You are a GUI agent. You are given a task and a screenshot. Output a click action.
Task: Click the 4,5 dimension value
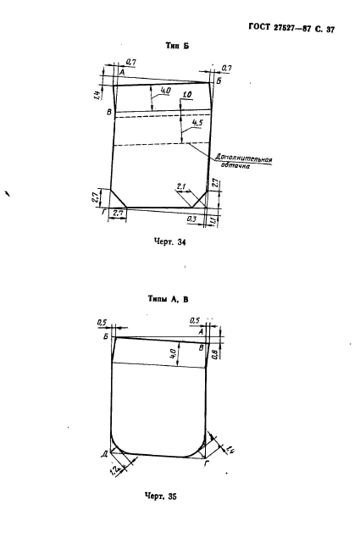(197, 123)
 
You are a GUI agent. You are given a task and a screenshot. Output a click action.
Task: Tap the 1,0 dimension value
(187, 95)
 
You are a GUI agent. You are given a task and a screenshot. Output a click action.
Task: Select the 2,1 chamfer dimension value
(181, 186)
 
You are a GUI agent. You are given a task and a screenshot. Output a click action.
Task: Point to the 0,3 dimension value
(191, 219)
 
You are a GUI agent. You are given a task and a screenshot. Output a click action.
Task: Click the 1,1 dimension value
(213, 221)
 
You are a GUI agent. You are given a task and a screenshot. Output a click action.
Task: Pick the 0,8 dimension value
(214, 354)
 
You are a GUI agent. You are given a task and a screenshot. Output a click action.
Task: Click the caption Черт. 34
(170, 242)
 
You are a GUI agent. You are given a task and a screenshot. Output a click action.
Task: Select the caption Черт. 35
(160, 496)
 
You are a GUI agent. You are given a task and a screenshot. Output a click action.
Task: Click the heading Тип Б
(177, 46)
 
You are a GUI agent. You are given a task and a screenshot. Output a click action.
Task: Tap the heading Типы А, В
(169, 299)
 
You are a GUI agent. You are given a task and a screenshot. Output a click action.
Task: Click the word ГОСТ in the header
(259, 27)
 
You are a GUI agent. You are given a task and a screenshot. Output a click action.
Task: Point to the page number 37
(330, 30)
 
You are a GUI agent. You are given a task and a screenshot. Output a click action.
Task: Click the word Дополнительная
(243, 158)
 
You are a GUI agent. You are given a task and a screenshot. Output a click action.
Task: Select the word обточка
(235, 166)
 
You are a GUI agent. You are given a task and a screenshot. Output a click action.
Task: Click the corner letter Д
(104, 454)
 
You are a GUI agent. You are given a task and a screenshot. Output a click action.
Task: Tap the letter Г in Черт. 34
(103, 212)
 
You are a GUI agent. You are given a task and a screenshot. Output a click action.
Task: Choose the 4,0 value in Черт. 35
(173, 354)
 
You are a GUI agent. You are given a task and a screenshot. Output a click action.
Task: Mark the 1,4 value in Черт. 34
(97, 95)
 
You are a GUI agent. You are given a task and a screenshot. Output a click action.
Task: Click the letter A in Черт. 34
(121, 73)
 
